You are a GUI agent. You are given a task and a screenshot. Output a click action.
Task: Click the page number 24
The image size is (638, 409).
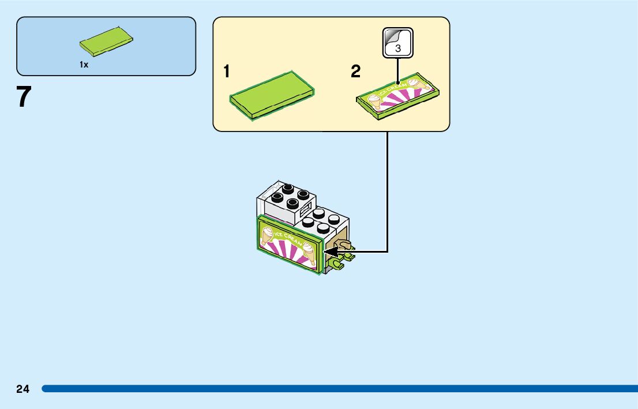22,389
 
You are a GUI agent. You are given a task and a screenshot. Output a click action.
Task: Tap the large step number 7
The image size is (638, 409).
23,97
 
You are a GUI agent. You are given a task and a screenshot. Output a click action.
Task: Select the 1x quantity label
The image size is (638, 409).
84,65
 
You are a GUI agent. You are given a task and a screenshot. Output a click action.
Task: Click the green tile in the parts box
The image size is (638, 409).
107,40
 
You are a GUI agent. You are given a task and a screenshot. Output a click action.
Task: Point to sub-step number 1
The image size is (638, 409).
227,72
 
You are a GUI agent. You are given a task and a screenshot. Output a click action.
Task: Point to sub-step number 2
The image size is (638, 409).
355,72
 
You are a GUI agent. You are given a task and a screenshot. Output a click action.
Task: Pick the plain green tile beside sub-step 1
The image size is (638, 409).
272,94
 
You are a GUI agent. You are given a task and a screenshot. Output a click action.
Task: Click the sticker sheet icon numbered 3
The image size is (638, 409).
398,43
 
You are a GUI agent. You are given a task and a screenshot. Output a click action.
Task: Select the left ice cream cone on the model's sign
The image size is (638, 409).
268,234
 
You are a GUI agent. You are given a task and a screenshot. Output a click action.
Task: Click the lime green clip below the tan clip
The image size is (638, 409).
336,264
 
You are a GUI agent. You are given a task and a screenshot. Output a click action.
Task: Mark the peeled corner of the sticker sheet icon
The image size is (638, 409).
391,35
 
